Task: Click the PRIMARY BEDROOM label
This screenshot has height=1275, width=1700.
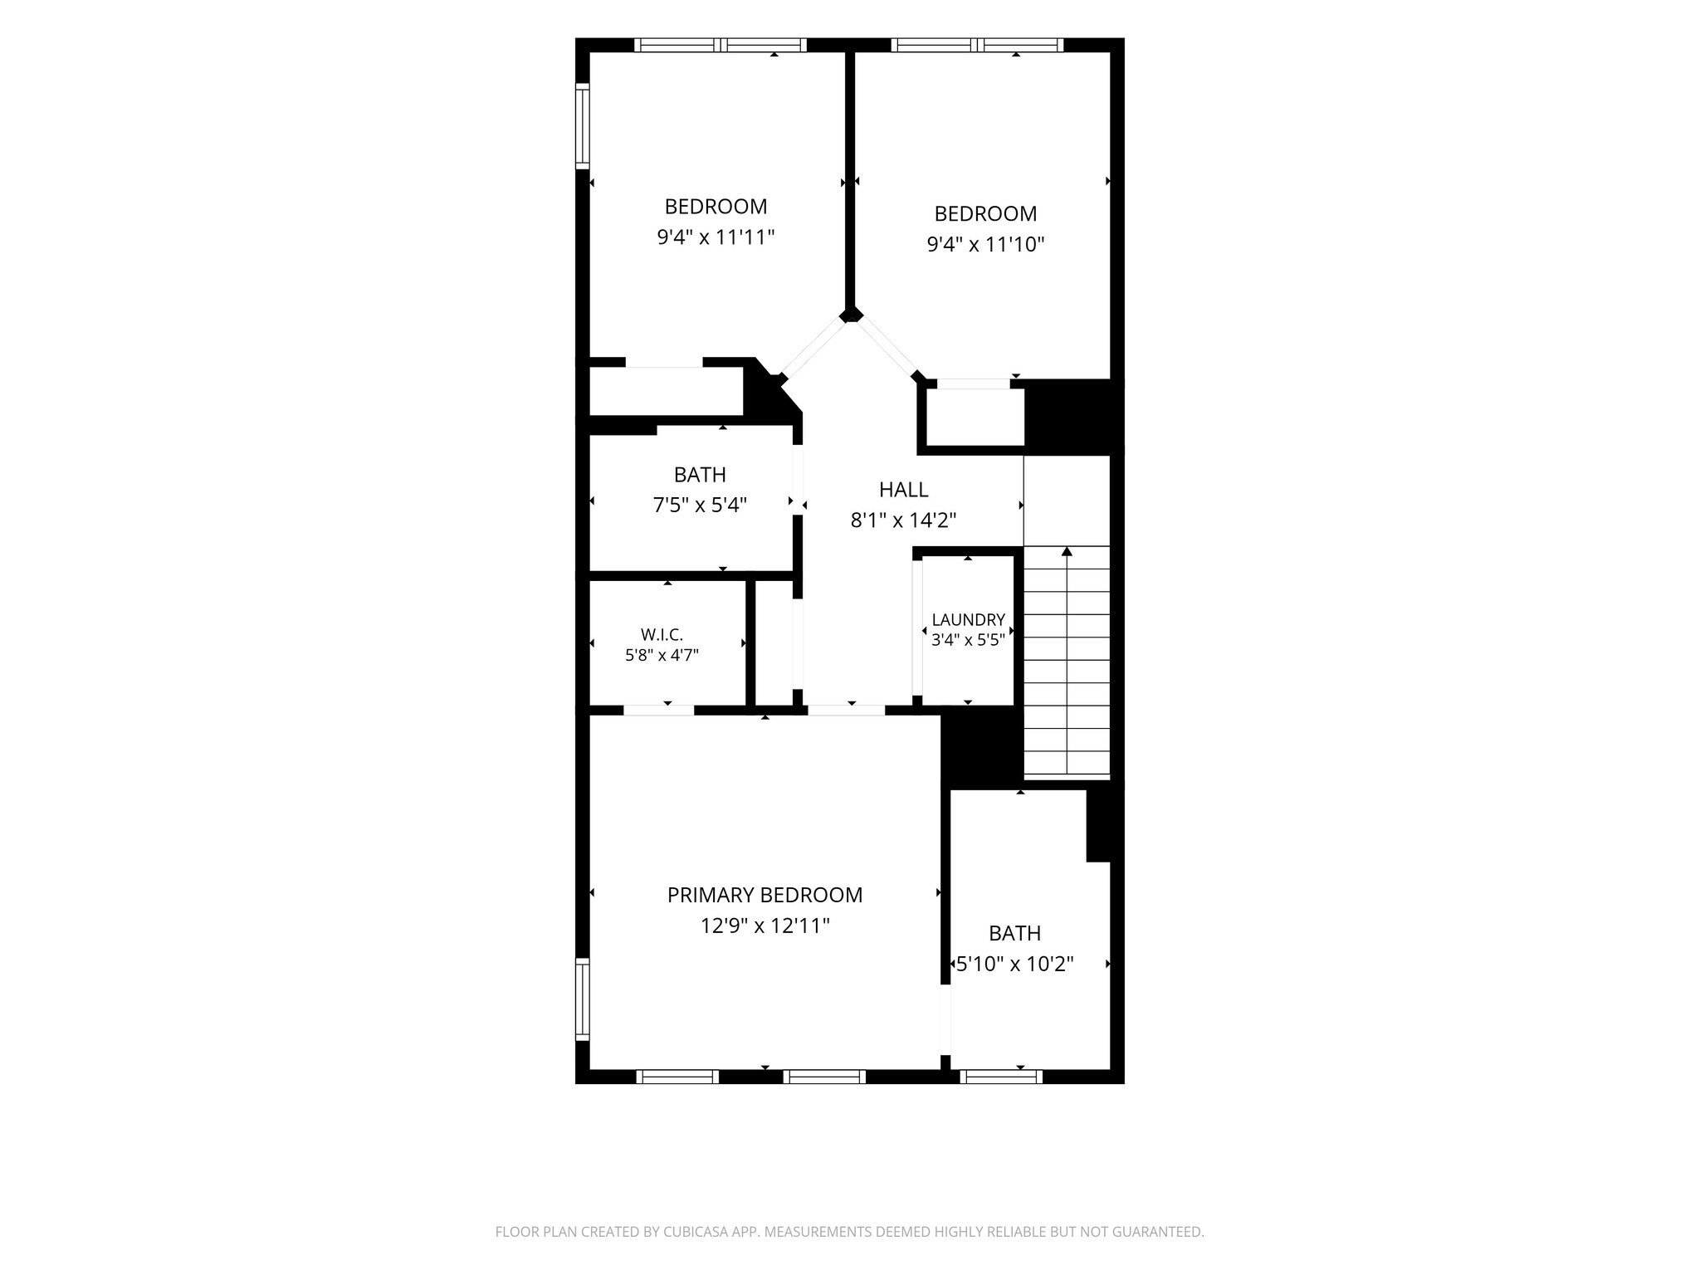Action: click(765, 895)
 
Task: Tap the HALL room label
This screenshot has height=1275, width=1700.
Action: click(903, 490)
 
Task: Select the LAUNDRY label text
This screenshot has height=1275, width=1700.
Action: click(968, 620)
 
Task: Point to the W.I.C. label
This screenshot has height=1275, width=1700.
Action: click(662, 635)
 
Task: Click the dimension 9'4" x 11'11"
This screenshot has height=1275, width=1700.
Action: click(716, 237)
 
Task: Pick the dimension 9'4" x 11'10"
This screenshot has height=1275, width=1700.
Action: click(985, 244)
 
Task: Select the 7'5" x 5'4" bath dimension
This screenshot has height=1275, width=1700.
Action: click(700, 505)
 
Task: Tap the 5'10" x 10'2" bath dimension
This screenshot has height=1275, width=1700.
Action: click(1015, 964)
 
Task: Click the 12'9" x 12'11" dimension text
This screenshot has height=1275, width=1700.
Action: click(765, 926)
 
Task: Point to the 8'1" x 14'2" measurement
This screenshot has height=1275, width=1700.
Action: click(903, 520)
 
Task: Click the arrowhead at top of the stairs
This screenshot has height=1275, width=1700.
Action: click(1067, 551)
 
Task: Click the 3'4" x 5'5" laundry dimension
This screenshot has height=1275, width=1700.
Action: click(968, 640)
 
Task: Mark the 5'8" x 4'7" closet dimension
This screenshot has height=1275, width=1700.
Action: click(662, 655)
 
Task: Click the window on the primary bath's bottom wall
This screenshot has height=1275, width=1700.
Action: click(1001, 1077)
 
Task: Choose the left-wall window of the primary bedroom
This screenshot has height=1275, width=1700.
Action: click(583, 999)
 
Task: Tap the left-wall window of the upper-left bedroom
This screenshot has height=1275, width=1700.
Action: click(583, 125)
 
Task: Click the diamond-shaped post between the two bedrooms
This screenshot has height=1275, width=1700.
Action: click(850, 315)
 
